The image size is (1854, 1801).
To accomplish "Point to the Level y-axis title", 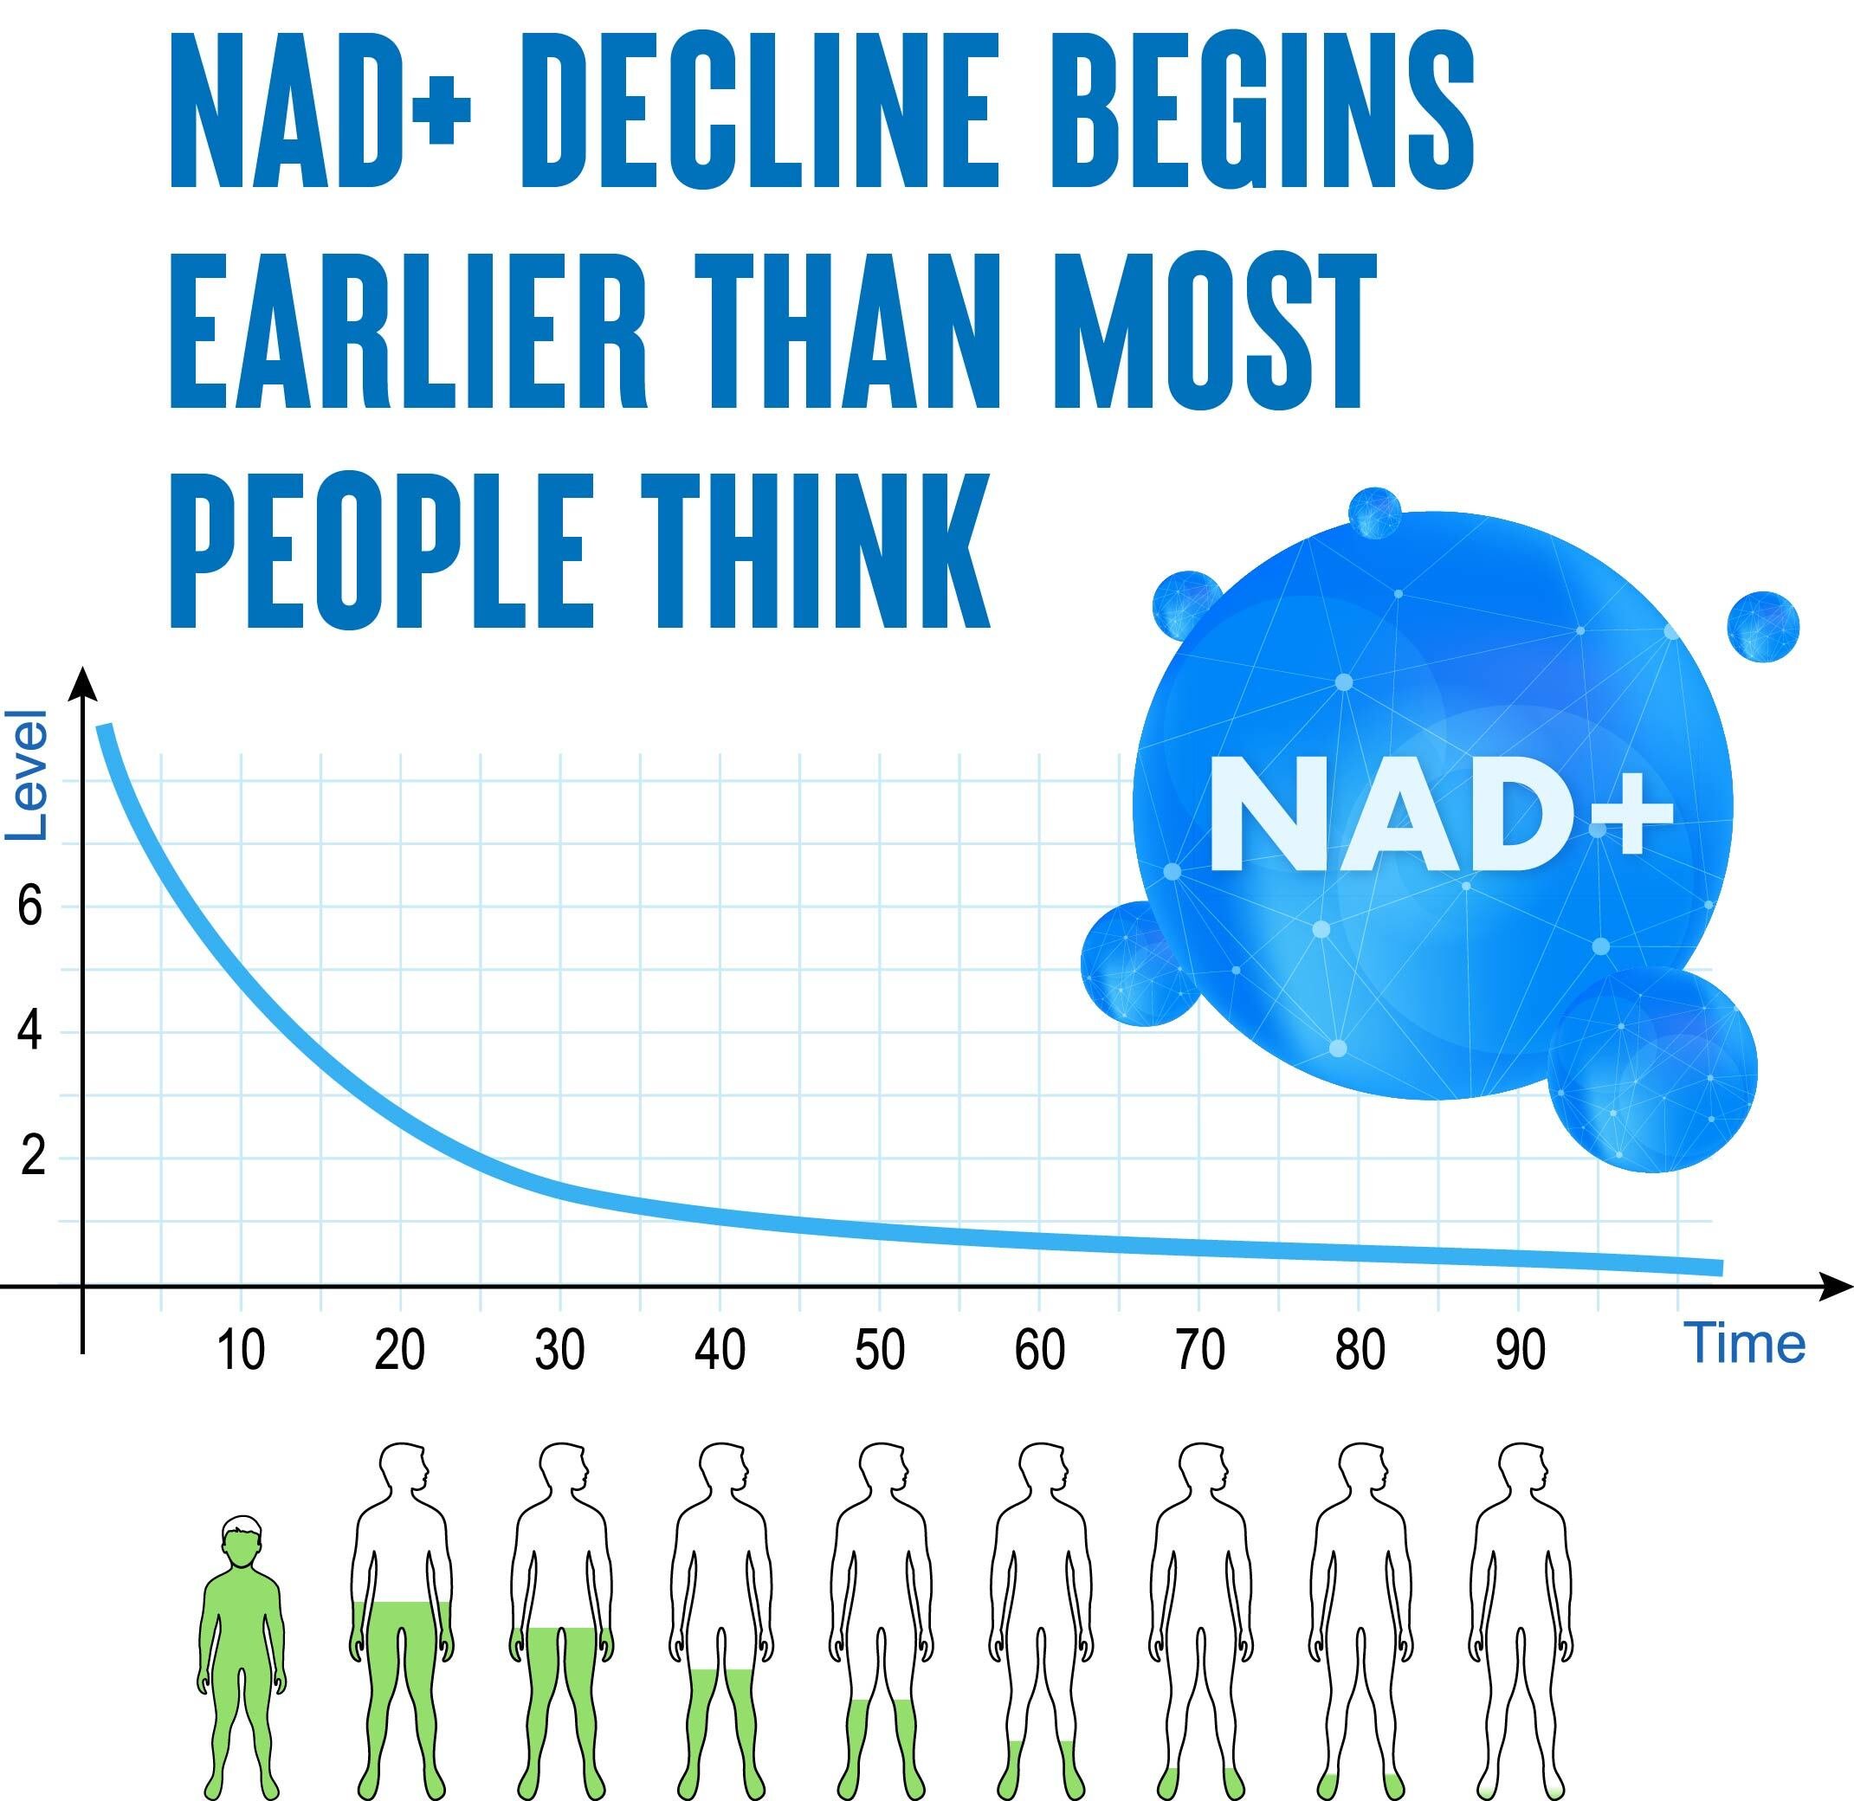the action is coord(27,775).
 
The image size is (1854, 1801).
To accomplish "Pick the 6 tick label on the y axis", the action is coord(30,907).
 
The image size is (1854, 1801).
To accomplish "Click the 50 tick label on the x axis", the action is coord(880,1350).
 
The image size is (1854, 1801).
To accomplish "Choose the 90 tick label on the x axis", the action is coord(1520,1350).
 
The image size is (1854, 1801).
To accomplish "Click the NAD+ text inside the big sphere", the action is coord(1441,816).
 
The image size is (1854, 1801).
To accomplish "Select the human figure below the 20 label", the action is coord(401,1620).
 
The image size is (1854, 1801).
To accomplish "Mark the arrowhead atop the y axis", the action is coord(83,683).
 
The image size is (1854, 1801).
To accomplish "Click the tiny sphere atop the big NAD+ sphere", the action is coord(1374,513).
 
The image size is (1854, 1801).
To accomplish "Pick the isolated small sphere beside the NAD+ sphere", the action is coord(1763,626).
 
